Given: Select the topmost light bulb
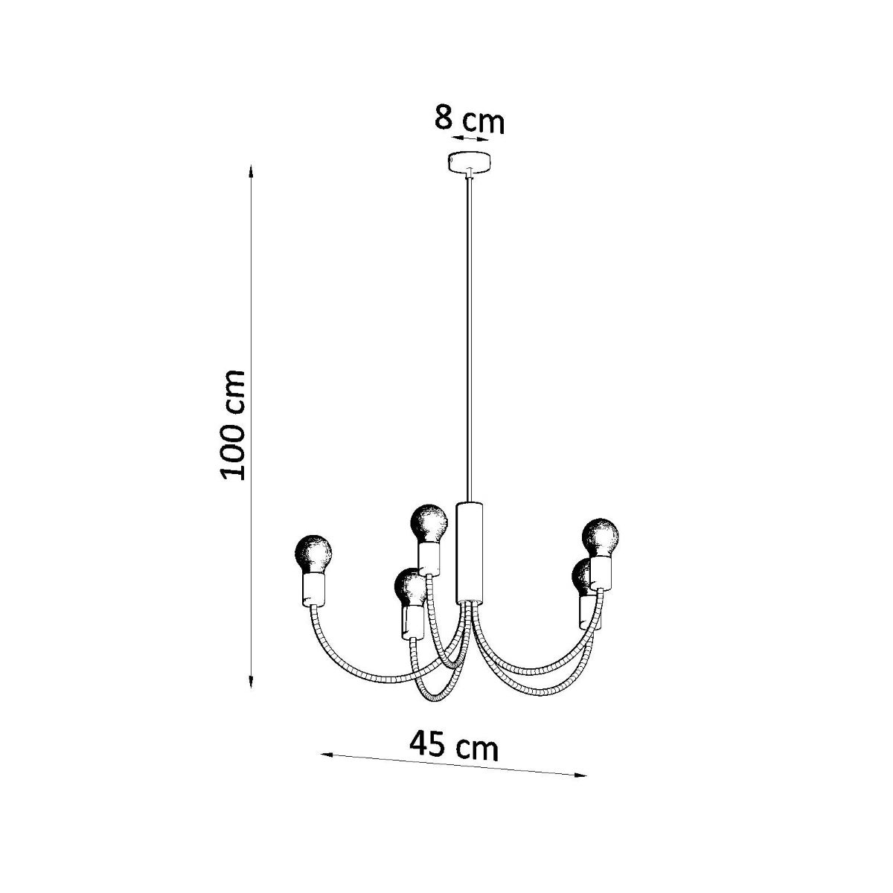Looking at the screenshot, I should [430, 522].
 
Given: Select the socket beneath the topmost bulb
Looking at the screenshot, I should [429, 557].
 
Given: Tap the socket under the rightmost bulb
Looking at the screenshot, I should [601, 573].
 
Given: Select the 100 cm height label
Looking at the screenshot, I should [233, 424].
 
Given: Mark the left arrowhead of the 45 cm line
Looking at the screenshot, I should [325, 755].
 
